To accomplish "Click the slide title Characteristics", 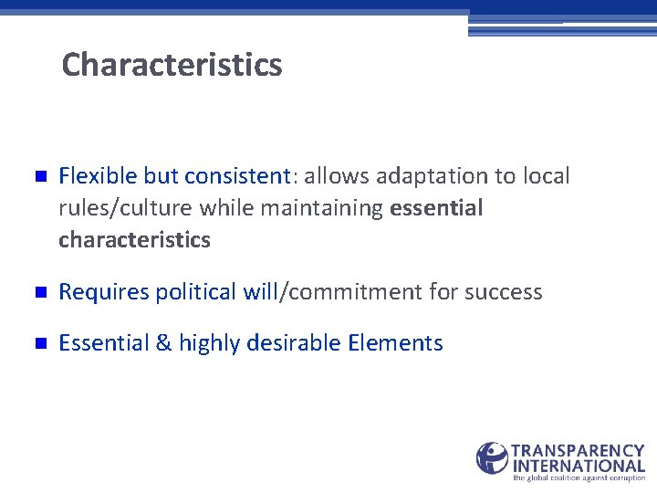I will pyautogui.click(x=172, y=65).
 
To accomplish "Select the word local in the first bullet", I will pyautogui.click(x=545, y=175).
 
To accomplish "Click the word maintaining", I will pyautogui.click(x=322, y=208).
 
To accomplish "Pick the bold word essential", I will pyautogui.click(x=436, y=208).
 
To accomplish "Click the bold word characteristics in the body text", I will pyautogui.click(x=134, y=240).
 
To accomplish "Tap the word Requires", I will pyautogui.click(x=103, y=292).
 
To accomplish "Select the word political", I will pyautogui.click(x=197, y=292).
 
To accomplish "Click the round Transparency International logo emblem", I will pyautogui.click(x=492, y=458).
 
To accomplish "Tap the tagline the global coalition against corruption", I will pyautogui.click(x=579, y=477).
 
